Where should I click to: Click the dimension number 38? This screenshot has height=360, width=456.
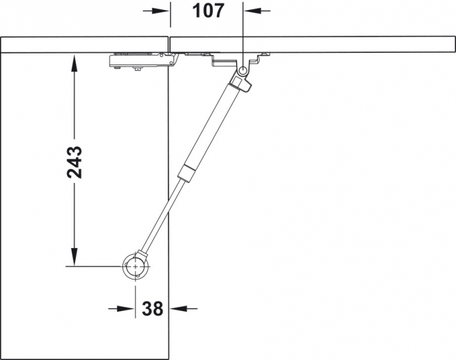click(152, 308)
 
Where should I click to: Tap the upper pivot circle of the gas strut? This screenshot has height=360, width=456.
click(243, 70)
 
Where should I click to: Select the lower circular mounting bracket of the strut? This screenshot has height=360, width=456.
click(135, 266)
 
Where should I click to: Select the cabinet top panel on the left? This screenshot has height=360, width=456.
click(85, 44)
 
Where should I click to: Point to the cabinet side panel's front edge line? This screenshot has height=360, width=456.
click(169, 195)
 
